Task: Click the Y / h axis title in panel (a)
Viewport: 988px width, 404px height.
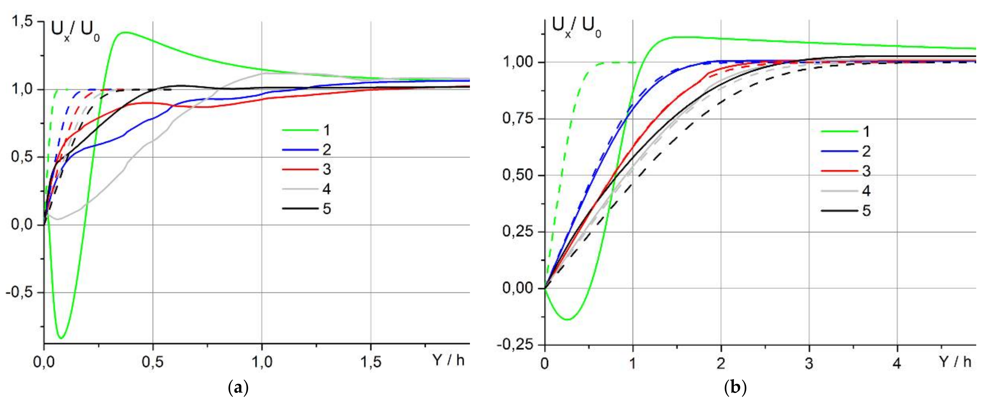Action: [x=448, y=360]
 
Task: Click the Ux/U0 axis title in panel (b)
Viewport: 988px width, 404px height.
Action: [x=576, y=28]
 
